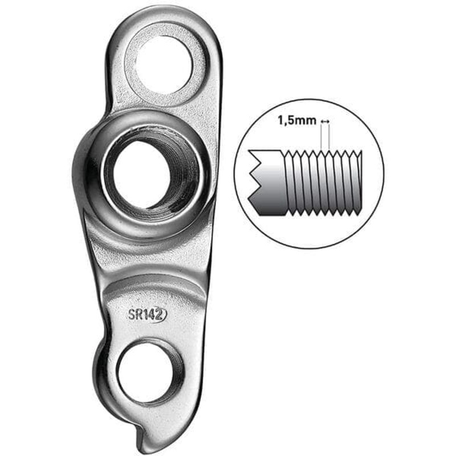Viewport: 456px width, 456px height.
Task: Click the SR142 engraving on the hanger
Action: pos(147,315)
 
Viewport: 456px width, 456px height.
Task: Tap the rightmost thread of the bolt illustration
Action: pos(356,181)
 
